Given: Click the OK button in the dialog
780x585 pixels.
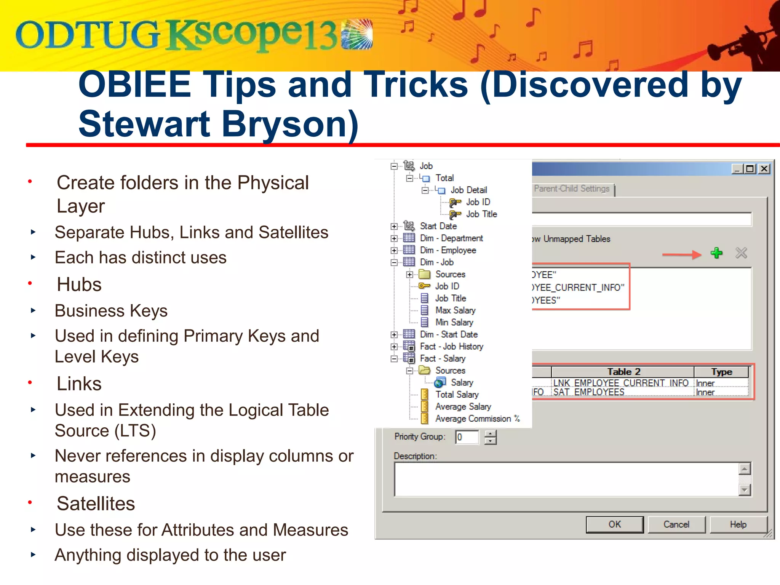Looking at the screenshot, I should pyautogui.click(x=614, y=524).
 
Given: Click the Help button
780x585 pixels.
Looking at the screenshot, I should pyautogui.click(x=738, y=524).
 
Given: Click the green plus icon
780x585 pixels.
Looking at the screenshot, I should pyautogui.click(x=716, y=253).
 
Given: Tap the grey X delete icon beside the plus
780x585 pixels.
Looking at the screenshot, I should pyautogui.click(x=741, y=253).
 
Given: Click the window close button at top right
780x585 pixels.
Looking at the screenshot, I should pyautogui.click(x=764, y=169).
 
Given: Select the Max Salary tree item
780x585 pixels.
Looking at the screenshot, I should pyautogui.click(x=455, y=310).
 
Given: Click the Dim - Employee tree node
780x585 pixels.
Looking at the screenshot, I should pyautogui.click(x=448, y=250).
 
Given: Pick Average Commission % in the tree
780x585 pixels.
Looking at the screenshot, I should pyautogui.click(x=477, y=419).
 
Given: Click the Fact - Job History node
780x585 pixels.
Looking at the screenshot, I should pyautogui.click(x=451, y=347).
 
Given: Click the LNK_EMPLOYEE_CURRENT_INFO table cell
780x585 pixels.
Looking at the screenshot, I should pyautogui.click(x=621, y=382).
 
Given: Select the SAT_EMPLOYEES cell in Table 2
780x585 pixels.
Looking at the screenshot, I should pyautogui.click(x=589, y=392).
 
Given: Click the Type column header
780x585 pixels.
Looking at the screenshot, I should pyautogui.click(x=721, y=372).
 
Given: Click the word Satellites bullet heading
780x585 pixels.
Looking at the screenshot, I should pyautogui.click(x=96, y=503).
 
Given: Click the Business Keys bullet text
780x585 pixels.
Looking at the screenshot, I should pyautogui.click(x=111, y=311).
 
